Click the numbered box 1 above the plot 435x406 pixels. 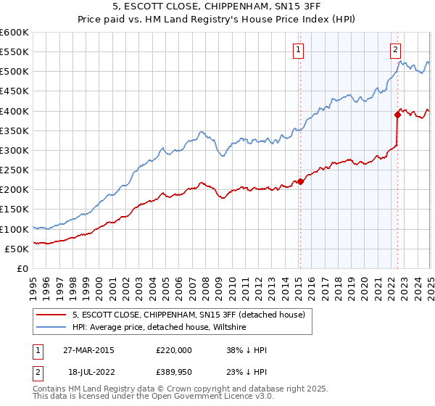(x=299, y=50)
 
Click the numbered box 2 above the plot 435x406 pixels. (x=395, y=50)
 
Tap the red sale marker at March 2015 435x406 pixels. (x=300, y=182)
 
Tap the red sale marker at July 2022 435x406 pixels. (x=397, y=114)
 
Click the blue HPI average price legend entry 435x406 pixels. (x=159, y=328)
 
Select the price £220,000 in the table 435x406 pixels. (x=174, y=350)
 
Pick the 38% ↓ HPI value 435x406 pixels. (x=246, y=350)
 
